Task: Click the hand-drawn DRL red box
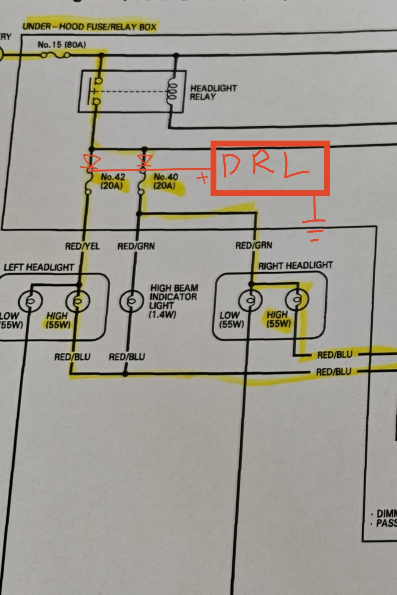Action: point(270,168)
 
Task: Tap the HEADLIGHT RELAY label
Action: point(213,93)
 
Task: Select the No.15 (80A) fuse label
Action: point(62,45)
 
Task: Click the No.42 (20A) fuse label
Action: point(113,181)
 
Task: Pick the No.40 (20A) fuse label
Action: point(166,181)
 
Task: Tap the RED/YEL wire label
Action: point(82,246)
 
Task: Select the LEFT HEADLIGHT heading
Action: point(39,267)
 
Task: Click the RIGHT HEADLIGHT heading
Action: point(295,265)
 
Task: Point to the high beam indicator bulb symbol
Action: point(131,301)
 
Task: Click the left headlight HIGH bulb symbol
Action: point(78,301)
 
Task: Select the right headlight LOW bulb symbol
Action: point(250,300)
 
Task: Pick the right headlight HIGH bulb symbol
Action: point(297,300)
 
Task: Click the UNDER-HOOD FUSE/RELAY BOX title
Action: point(89,26)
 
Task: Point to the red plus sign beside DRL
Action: point(202,178)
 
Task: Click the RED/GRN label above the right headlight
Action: point(254,245)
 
